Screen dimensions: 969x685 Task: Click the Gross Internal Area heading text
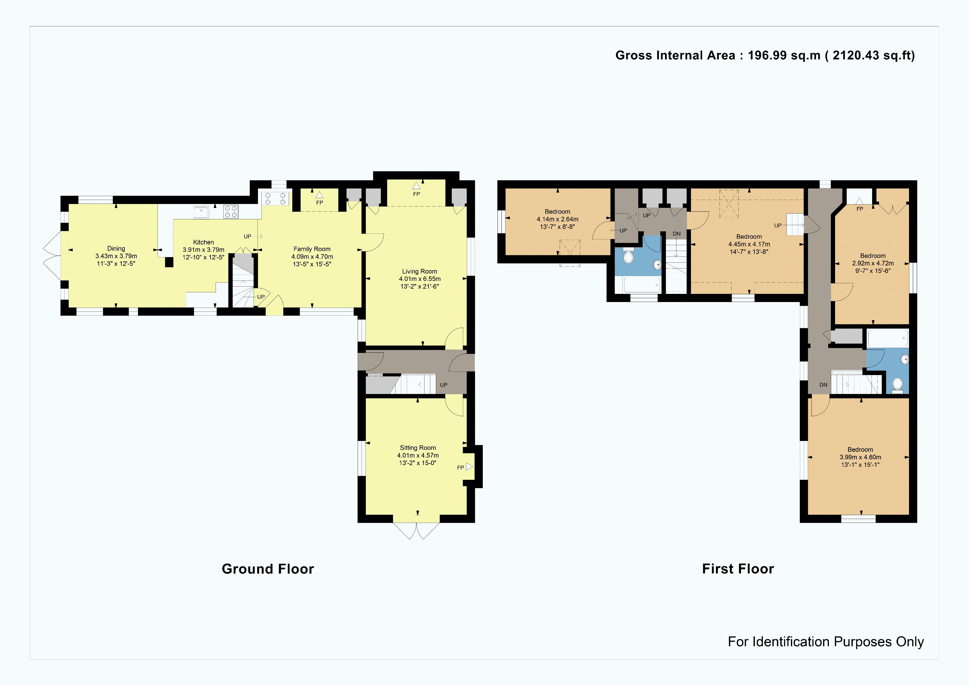pyautogui.click(x=765, y=55)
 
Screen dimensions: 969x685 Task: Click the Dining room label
pyautogui.click(x=116, y=248)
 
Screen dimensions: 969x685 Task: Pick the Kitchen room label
pyautogui.click(x=203, y=242)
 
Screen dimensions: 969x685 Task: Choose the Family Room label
pyautogui.click(x=312, y=249)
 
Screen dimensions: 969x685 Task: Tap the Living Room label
pyautogui.click(x=420, y=271)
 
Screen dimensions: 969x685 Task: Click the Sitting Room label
pyautogui.click(x=418, y=447)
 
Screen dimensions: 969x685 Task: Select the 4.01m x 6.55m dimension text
pyautogui.click(x=420, y=279)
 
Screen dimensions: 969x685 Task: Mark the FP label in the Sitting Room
pyautogui.click(x=460, y=467)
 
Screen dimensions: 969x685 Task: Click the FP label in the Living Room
pyautogui.click(x=416, y=194)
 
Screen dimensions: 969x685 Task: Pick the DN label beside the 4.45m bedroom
pyautogui.click(x=677, y=234)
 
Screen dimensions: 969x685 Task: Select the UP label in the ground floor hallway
pyautogui.click(x=444, y=385)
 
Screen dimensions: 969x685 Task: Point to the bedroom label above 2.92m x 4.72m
pyautogui.click(x=873, y=256)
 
